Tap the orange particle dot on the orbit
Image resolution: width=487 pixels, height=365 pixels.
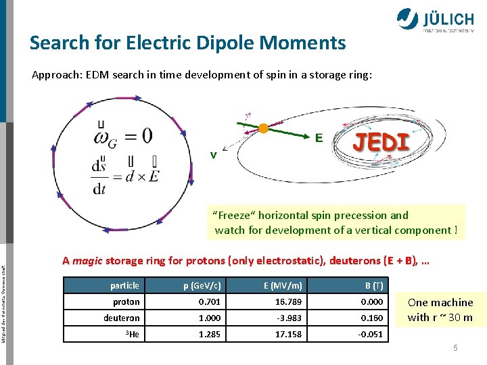coord(263,128)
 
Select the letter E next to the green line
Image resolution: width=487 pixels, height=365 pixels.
coord(319,137)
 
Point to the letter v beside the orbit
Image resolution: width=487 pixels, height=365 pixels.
coord(213,154)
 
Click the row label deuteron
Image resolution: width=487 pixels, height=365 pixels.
coord(122,318)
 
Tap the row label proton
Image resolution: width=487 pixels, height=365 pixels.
coord(126,301)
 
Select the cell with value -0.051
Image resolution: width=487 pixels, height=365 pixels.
coord(370,334)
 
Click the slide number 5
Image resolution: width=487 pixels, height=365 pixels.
coord(455,348)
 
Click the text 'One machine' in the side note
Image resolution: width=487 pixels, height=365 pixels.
coord(440,302)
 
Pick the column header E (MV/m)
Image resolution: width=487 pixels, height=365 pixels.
coord(283,285)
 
